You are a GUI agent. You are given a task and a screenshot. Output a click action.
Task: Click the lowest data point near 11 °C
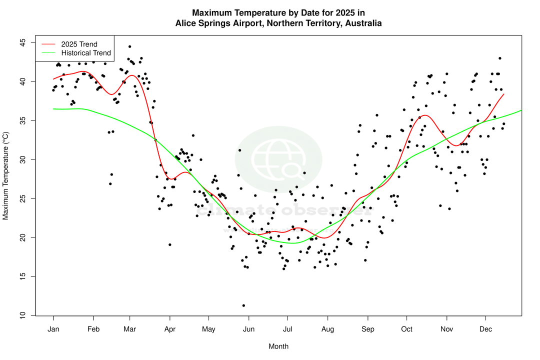pyautogui.click(x=243, y=305)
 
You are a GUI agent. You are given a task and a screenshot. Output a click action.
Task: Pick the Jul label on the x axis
pyautogui.click(x=287, y=329)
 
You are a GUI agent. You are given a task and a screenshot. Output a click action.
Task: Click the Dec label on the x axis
pyautogui.click(x=485, y=329)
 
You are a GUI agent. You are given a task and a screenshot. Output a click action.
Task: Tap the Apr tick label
pyautogui.click(x=170, y=329)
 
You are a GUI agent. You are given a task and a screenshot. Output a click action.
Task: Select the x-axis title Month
pyautogui.click(x=278, y=346)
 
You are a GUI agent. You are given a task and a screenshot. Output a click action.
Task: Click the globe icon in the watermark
pyautogui.click(x=278, y=159)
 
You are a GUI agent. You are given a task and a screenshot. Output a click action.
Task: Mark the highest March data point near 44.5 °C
pyautogui.click(x=129, y=46)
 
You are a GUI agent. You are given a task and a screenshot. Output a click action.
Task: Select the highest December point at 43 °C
pyautogui.click(x=499, y=58)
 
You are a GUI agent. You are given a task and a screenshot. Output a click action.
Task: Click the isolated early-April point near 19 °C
pyautogui.click(x=170, y=244)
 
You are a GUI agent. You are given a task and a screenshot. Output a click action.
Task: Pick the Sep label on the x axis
pyautogui.click(x=367, y=329)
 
